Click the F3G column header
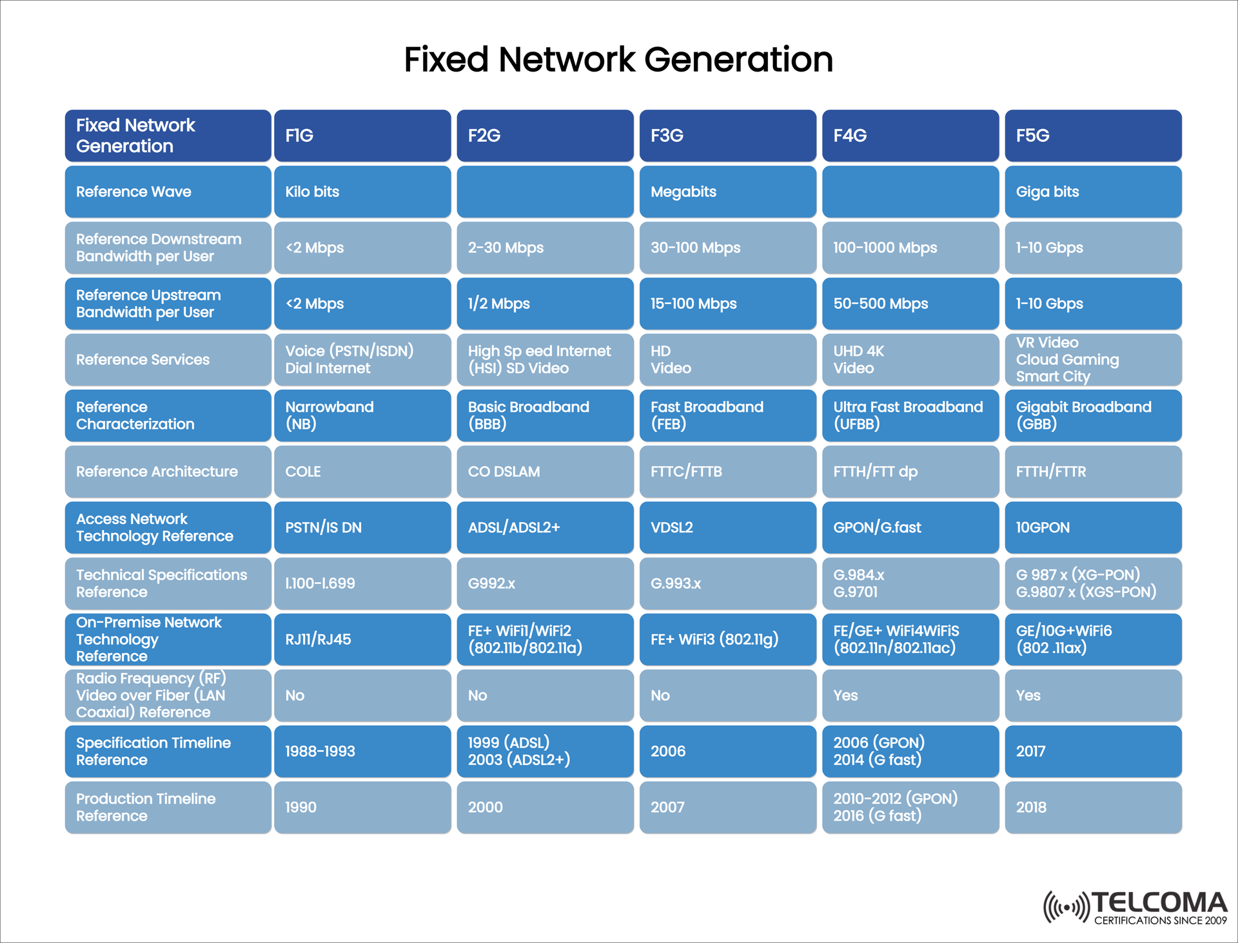tap(727, 135)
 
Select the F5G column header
tap(1093, 135)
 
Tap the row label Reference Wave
tap(168, 191)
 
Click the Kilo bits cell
tap(362, 191)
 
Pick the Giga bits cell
tap(1093, 191)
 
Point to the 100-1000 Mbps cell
tap(910, 248)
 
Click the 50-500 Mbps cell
tap(910, 304)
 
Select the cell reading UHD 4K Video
tap(910, 360)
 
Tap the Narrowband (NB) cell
tap(362, 416)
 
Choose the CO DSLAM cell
tap(545, 471)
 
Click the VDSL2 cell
tap(727, 527)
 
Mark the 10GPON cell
tap(1093, 527)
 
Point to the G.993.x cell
tap(727, 583)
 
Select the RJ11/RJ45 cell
tap(362, 639)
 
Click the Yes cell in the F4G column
tap(910, 695)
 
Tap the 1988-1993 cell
tap(362, 751)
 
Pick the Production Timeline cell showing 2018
tap(1093, 807)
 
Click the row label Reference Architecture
tap(168, 471)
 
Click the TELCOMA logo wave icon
tap(1066, 908)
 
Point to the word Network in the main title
tap(567, 59)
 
